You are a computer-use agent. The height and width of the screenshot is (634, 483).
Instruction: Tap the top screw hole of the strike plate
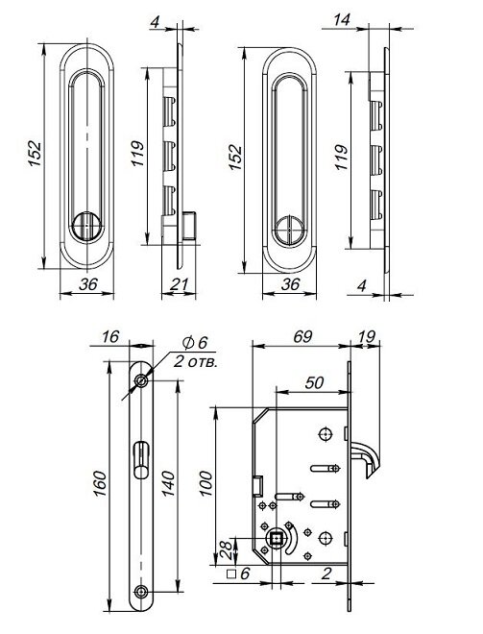click(x=142, y=381)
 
